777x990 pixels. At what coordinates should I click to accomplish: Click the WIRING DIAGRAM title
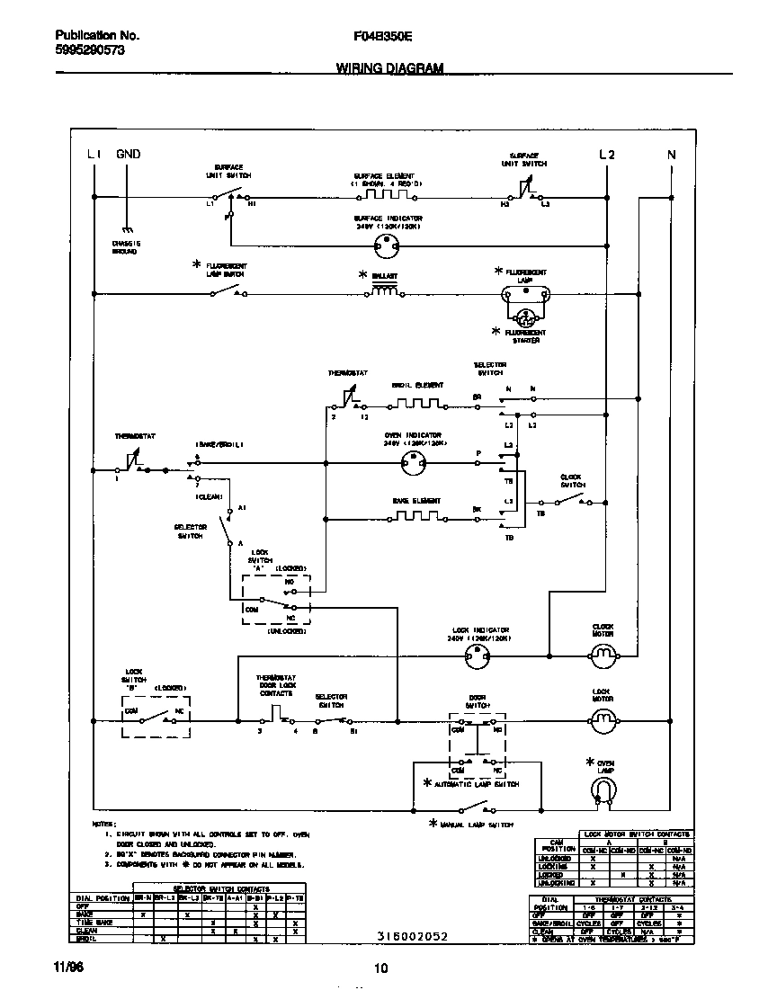click(389, 67)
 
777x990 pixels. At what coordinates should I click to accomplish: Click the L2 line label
click(607, 155)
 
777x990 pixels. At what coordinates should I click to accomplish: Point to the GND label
click(129, 155)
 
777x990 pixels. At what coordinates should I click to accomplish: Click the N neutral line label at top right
click(671, 155)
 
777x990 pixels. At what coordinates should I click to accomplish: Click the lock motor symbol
click(603, 718)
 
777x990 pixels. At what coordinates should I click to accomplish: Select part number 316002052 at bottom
click(412, 936)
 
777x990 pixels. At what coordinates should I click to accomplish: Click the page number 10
click(380, 968)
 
